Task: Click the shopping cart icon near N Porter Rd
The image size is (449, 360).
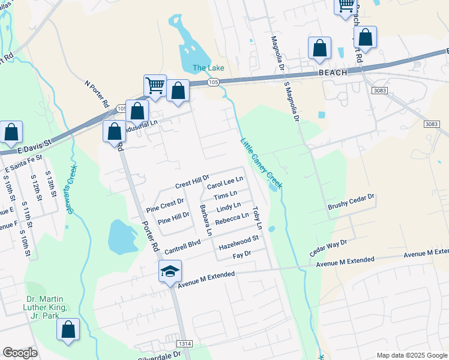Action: click(155, 85)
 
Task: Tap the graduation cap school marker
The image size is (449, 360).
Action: click(170, 271)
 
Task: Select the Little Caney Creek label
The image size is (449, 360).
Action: click(261, 163)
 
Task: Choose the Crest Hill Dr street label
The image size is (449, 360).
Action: click(192, 179)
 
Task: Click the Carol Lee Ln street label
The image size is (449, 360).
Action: click(225, 181)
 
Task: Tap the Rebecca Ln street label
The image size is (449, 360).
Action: click(232, 218)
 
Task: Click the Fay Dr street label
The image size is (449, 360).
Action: click(241, 256)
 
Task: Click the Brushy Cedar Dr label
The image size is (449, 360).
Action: click(351, 202)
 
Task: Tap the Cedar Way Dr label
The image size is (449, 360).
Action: click(328, 247)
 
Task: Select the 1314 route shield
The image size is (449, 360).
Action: click(185, 343)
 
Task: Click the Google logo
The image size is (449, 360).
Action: click(19, 353)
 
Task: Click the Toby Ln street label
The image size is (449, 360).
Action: click(258, 218)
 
